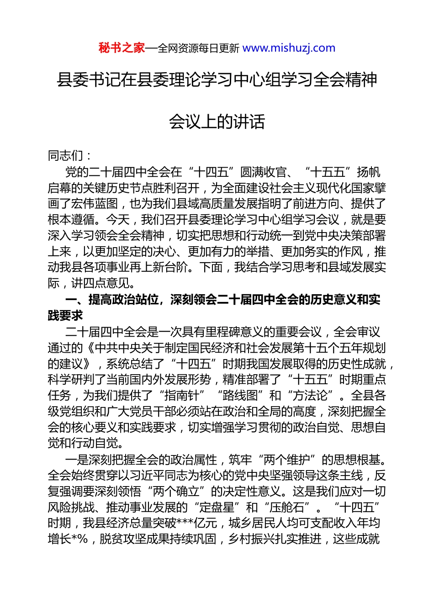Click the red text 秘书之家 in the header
[122, 48]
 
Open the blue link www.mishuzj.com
[289, 48]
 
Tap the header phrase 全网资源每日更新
[198, 48]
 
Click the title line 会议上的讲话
[217, 122]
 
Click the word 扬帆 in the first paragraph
[368, 172]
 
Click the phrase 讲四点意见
[101, 283]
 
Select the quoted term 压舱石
[287, 508]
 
